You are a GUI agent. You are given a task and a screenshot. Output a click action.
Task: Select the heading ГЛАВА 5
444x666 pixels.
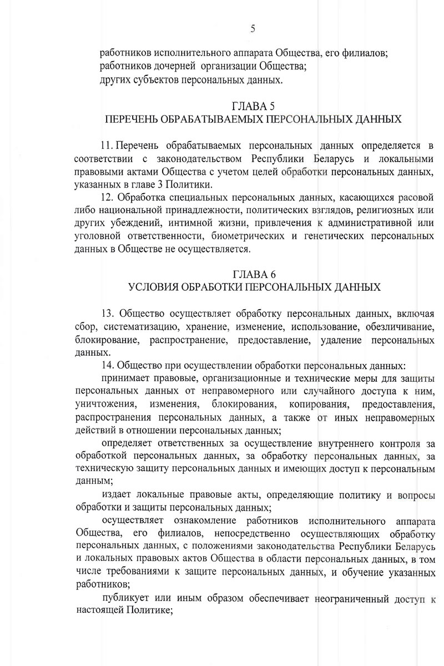[253, 106]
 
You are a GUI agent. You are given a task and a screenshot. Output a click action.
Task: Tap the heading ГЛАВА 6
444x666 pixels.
[253, 274]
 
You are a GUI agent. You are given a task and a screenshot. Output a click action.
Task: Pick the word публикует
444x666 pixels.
[126, 598]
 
